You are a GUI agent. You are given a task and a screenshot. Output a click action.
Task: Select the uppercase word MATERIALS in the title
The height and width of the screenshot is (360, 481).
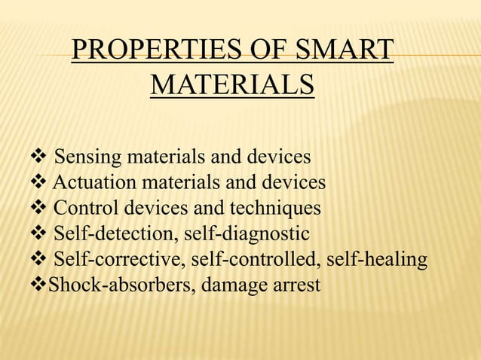click(x=232, y=85)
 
